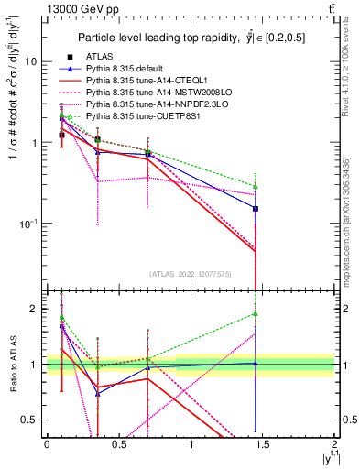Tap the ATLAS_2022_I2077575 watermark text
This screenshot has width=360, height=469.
coord(191,273)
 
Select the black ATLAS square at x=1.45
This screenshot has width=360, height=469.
coord(256,209)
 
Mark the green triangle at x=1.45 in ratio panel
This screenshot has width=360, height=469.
coord(256,314)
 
